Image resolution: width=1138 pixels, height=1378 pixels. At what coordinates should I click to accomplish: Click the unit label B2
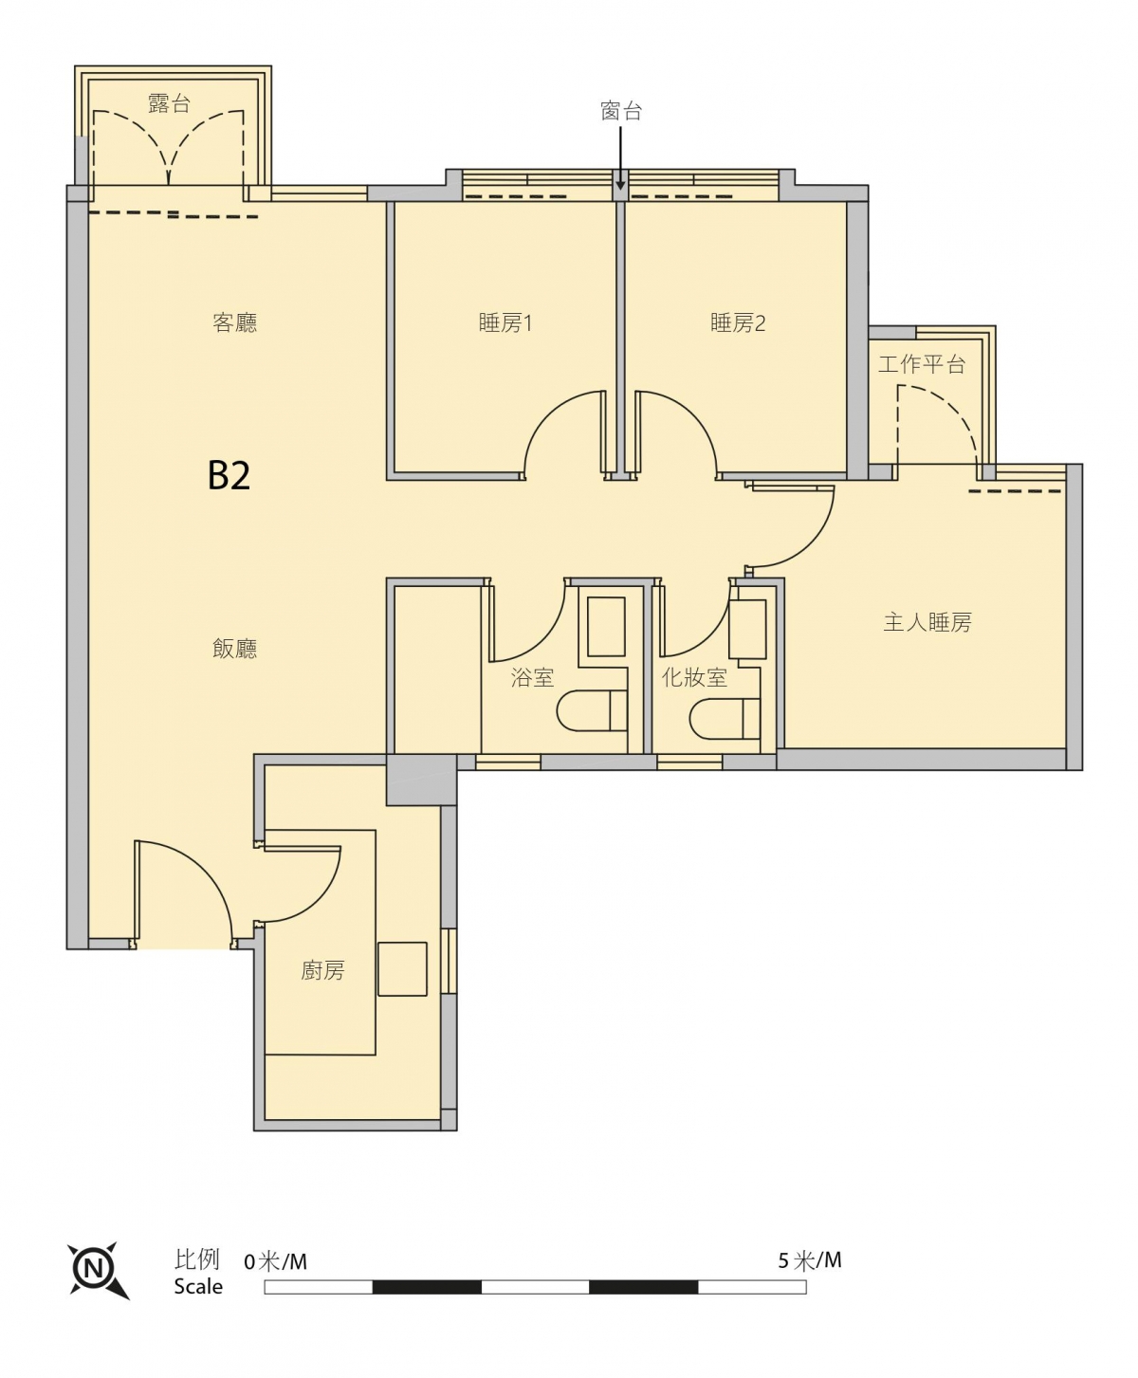coord(229,475)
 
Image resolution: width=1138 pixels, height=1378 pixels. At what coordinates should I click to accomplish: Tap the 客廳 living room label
coord(234,322)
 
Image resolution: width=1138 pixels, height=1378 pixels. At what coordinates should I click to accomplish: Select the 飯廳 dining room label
coord(234,649)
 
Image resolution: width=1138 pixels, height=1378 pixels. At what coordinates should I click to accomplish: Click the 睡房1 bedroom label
coord(505,322)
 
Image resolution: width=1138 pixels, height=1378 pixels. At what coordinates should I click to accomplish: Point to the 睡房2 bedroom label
coord(737,322)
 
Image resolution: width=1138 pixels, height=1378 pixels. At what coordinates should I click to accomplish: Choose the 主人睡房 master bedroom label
coord(927,622)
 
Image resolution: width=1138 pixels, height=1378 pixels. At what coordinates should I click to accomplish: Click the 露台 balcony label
coord(169,103)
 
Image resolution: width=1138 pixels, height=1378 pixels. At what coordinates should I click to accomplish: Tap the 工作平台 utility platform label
coord(922,363)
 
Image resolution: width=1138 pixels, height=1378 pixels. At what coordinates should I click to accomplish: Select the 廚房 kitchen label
coord(322,970)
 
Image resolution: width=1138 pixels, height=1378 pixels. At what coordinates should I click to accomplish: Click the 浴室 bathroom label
coord(532,678)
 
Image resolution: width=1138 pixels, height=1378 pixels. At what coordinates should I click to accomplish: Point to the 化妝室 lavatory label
coord(694,678)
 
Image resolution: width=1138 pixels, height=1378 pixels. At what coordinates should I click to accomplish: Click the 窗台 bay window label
coord(621,111)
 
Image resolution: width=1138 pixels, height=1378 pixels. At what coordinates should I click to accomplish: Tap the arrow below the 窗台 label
coord(620,158)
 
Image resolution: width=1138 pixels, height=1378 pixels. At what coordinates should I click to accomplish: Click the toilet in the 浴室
coord(592,710)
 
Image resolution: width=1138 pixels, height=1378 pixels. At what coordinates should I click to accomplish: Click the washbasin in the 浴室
coord(606,626)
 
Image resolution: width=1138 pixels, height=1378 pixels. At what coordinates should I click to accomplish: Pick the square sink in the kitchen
coord(402,969)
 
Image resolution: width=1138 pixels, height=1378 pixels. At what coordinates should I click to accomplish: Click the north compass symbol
coord(98,1268)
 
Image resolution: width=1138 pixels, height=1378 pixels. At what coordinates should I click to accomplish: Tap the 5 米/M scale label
coord(809,1260)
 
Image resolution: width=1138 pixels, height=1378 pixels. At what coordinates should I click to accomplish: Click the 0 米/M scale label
coord(275,1261)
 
